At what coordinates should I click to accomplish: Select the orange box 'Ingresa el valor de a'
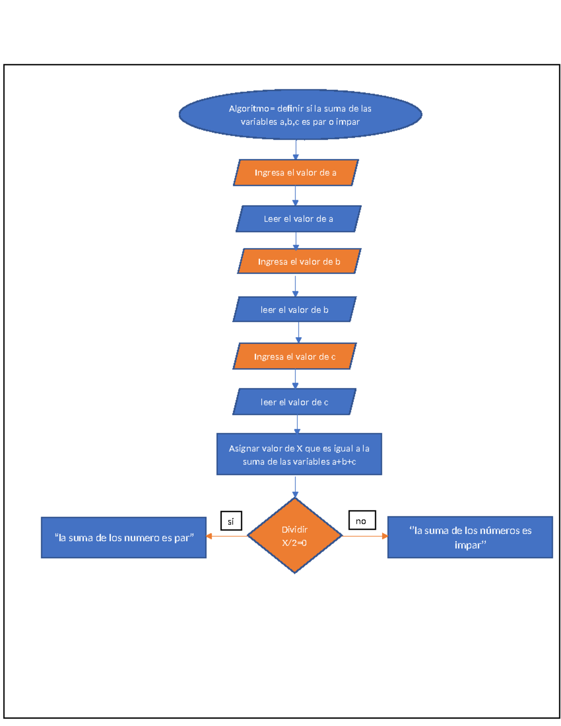pyautogui.click(x=295, y=173)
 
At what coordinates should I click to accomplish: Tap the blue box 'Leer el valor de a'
pyautogui.click(x=298, y=219)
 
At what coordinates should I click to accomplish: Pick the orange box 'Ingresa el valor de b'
pyautogui.click(x=299, y=261)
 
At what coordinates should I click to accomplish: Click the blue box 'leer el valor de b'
pyautogui.click(x=295, y=309)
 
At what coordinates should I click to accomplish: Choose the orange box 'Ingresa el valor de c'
pyautogui.click(x=295, y=356)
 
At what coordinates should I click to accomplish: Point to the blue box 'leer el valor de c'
pyautogui.click(x=295, y=402)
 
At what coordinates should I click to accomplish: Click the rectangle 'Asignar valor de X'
pyautogui.click(x=299, y=454)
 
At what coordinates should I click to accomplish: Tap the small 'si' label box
pyautogui.click(x=231, y=521)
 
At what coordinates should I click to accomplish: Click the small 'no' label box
pyautogui.click(x=362, y=520)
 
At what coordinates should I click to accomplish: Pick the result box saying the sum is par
pyautogui.click(x=124, y=538)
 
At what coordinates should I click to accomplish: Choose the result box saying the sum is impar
pyautogui.click(x=470, y=537)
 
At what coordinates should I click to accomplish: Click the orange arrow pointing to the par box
pyautogui.click(x=227, y=536)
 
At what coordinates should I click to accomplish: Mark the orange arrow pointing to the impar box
pyautogui.click(x=365, y=536)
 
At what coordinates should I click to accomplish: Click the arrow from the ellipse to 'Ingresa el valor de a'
pyautogui.click(x=295, y=150)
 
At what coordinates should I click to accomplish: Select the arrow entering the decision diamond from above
pyautogui.click(x=295, y=487)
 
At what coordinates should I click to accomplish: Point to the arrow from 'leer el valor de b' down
pyautogui.click(x=298, y=332)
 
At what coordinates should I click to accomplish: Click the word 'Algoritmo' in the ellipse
pyautogui.click(x=249, y=108)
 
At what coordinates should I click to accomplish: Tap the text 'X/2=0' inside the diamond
pyautogui.click(x=295, y=543)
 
